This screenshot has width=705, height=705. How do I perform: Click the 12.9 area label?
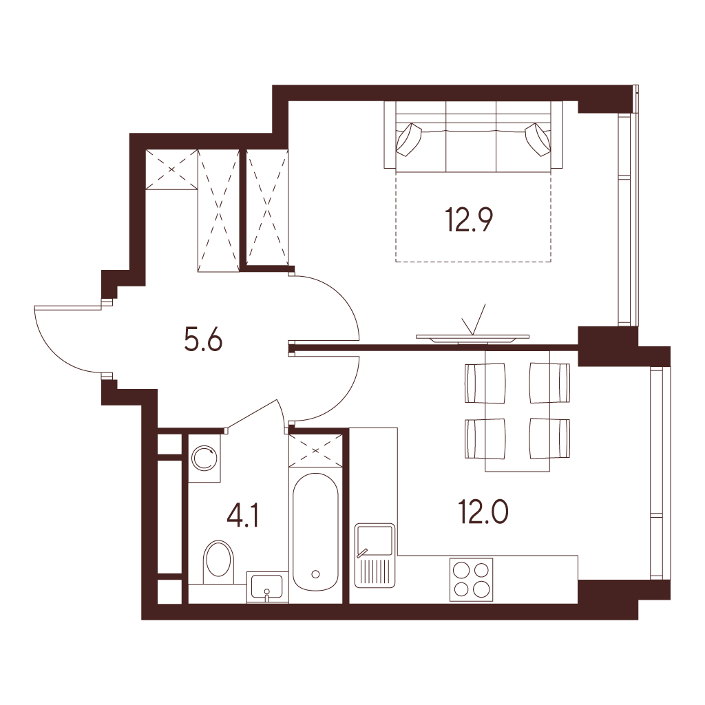(x=469, y=220)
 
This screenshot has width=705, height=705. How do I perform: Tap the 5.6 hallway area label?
(x=203, y=339)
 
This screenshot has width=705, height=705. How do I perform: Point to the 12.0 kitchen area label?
(x=483, y=512)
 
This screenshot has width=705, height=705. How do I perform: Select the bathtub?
(x=315, y=532)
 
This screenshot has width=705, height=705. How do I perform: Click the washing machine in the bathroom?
(x=204, y=459)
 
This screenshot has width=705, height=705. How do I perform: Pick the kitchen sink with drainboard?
(x=375, y=556)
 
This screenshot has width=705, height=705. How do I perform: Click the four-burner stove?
(x=471, y=580)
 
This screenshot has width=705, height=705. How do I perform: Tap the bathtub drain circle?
(x=315, y=574)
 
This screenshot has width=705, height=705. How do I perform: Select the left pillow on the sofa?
(x=409, y=139)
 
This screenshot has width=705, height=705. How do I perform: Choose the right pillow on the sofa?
(x=538, y=139)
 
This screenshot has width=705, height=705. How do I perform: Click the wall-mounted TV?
(x=472, y=337)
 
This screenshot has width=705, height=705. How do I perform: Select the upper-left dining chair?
(x=484, y=383)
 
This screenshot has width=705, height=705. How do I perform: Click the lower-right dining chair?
(x=549, y=439)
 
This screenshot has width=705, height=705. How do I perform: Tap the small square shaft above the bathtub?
(x=315, y=450)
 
